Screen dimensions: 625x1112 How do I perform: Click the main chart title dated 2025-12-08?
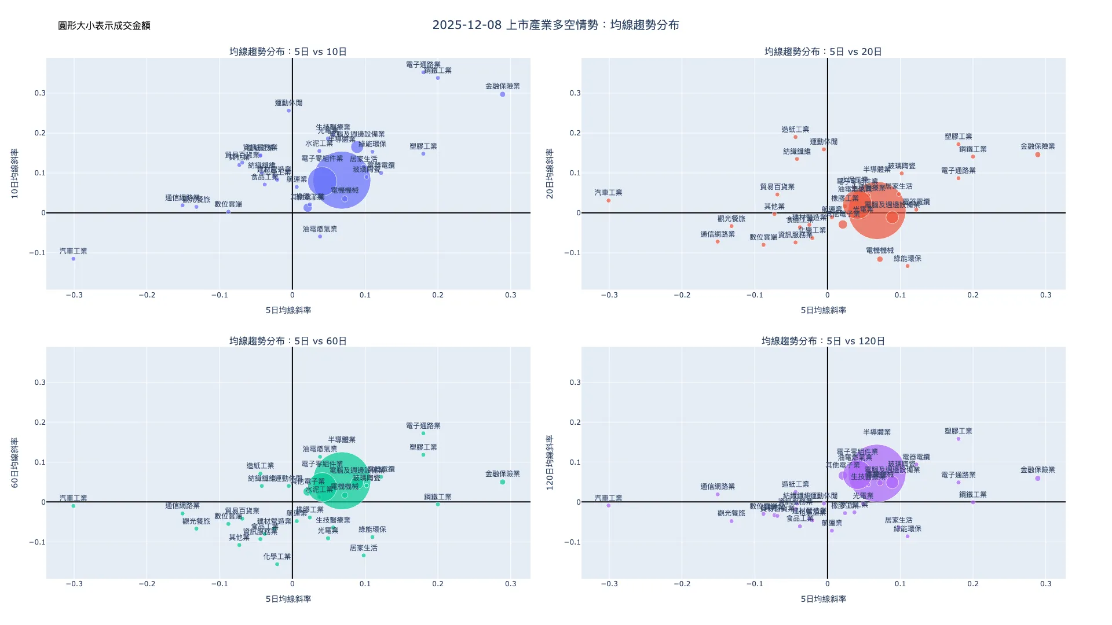tap(555, 25)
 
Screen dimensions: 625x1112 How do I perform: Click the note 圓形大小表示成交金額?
tap(104, 25)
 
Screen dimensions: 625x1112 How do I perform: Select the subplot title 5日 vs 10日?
tap(288, 52)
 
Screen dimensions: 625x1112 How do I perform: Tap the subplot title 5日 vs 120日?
tap(823, 341)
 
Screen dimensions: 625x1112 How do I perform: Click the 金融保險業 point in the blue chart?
tap(503, 94)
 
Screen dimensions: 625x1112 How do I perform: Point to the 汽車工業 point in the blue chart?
tap(74, 259)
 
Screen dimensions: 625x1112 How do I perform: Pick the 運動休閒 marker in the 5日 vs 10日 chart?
tap(289, 111)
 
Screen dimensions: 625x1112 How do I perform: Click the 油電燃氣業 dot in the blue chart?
tap(320, 237)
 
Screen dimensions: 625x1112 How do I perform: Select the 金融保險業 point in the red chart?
tap(1038, 155)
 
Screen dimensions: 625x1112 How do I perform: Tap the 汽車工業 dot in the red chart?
tap(609, 201)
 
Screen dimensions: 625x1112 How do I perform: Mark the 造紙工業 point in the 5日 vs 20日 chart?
tap(795, 137)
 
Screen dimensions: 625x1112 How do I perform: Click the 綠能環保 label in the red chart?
tap(907, 259)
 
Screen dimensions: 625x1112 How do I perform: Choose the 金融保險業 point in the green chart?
tap(503, 482)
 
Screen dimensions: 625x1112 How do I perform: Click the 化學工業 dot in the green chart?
tap(277, 564)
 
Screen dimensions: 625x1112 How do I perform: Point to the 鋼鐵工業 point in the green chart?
tap(438, 505)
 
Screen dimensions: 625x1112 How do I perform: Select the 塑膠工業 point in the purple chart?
tap(959, 439)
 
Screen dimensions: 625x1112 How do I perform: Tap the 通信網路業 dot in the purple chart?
tap(718, 494)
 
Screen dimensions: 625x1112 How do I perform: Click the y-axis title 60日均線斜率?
tap(15, 462)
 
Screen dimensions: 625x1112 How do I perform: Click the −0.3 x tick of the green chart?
tap(74, 584)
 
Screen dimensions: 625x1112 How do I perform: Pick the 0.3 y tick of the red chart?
tap(575, 93)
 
